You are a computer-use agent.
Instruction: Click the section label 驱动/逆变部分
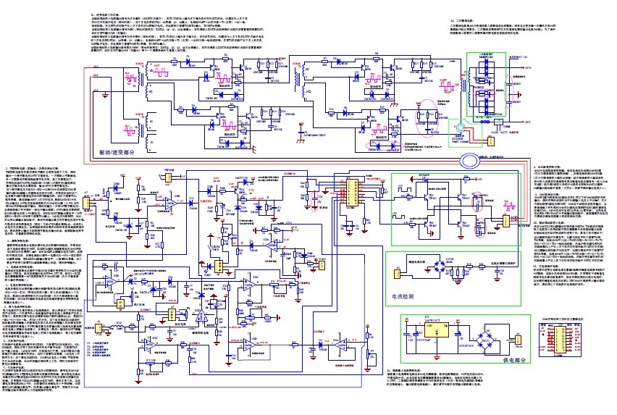(120, 153)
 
